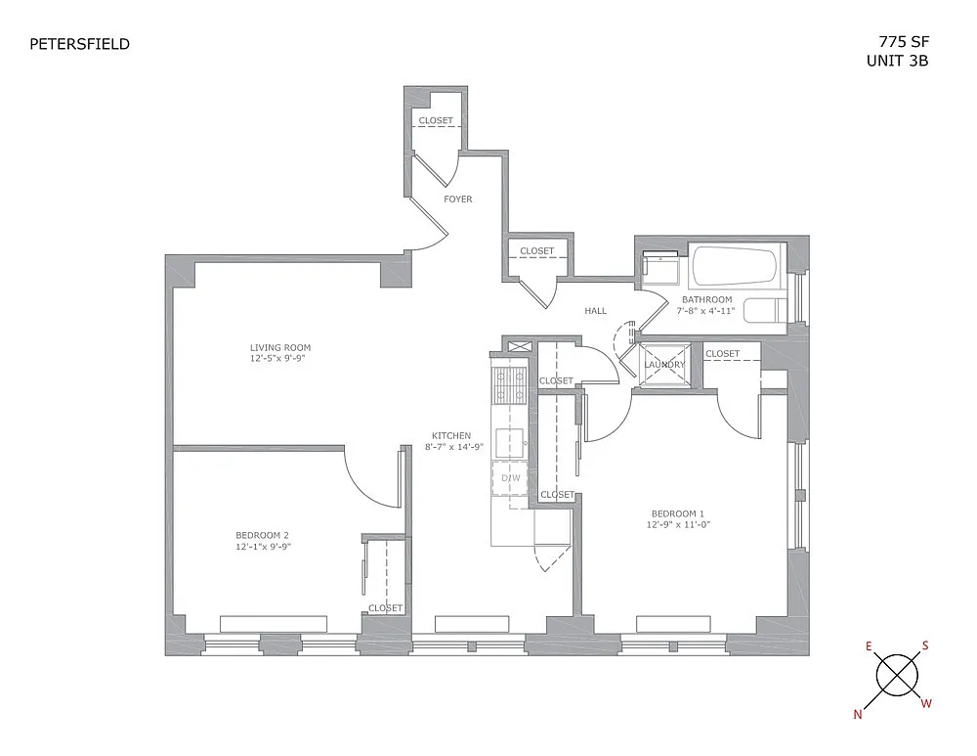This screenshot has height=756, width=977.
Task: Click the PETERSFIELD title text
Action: [80, 44]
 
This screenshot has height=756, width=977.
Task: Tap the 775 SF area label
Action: [904, 42]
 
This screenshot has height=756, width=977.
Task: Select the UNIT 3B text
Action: [897, 62]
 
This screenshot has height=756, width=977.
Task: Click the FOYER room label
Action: [458, 199]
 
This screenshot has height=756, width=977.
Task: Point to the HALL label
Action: [596, 311]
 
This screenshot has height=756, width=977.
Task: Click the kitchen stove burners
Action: [509, 385]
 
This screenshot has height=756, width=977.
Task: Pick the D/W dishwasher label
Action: [511, 478]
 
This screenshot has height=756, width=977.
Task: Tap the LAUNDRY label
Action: [664, 364]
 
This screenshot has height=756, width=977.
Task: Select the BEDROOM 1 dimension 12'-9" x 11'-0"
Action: [678, 524]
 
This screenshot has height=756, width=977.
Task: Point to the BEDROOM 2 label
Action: [262, 535]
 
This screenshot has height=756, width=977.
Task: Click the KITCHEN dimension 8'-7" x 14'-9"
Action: [454, 447]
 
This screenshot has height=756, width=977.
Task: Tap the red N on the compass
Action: [858, 715]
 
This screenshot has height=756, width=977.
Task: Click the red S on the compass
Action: [925, 645]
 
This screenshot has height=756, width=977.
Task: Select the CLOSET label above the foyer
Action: [436, 120]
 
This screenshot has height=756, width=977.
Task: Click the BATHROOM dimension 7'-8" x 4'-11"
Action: [706, 310]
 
